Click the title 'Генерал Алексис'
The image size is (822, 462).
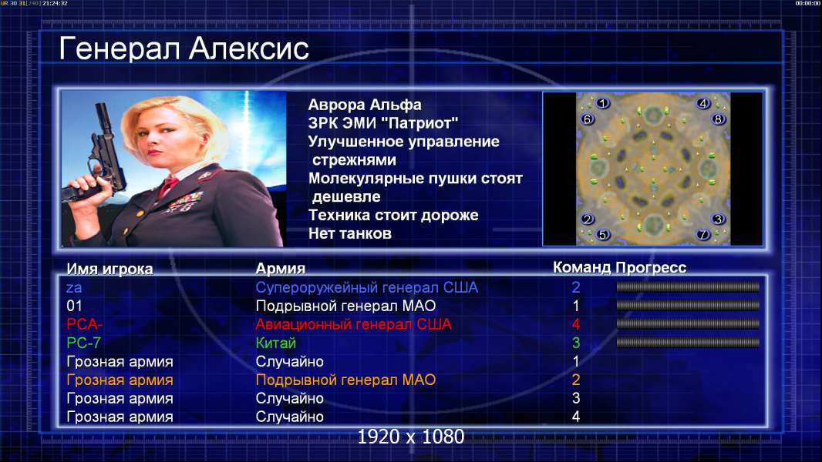(x=184, y=49)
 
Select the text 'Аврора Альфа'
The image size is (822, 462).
(x=364, y=105)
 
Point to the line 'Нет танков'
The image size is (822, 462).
(x=349, y=233)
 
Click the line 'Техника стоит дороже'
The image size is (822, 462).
(x=393, y=215)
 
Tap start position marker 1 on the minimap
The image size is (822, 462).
(x=603, y=103)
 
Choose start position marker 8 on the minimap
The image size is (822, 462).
(x=718, y=119)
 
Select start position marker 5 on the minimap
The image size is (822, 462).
(x=602, y=234)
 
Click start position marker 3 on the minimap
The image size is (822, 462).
(x=718, y=219)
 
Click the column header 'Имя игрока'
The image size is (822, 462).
(x=109, y=269)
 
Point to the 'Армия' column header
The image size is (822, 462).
(x=281, y=269)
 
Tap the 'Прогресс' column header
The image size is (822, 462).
(x=651, y=268)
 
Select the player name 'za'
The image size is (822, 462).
(x=74, y=287)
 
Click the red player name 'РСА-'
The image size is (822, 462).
(x=84, y=324)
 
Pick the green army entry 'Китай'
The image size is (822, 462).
(x=276, y=343)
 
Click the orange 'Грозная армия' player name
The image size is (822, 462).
(x=120, y=380)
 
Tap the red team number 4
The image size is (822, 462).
(x=575, y=324)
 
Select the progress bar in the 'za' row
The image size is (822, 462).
(x=688, y=286)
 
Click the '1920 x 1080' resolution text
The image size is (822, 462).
(x=411, y=437)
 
